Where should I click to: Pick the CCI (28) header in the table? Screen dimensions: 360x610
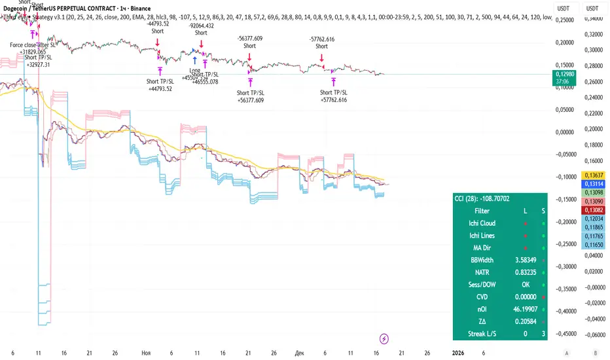coord(482,199)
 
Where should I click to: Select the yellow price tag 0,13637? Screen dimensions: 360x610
coord(592,175)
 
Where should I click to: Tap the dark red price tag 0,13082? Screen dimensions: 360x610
coord(592,210)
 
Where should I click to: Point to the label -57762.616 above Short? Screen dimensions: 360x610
coord(321,39)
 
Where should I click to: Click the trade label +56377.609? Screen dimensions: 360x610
coord(249,101)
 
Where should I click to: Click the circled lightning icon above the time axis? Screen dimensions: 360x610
coord(384,338)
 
